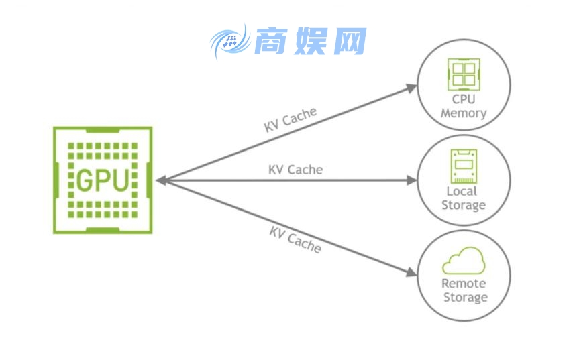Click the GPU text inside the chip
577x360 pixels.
click(103, 180)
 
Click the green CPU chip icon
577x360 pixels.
click(464, 74)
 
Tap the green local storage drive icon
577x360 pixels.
click(463, 166)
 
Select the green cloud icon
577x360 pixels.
click(464, 260)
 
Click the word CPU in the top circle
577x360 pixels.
click(464, 100)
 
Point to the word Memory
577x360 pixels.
click(464, 113)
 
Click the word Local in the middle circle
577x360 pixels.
click(463, 192)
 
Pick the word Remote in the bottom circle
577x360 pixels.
click(464, 284)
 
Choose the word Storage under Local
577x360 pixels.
click(464, 206)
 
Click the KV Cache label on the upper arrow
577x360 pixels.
click(290, 120)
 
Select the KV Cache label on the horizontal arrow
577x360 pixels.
click(295, 170)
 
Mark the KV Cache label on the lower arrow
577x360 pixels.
click(295, 239)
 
